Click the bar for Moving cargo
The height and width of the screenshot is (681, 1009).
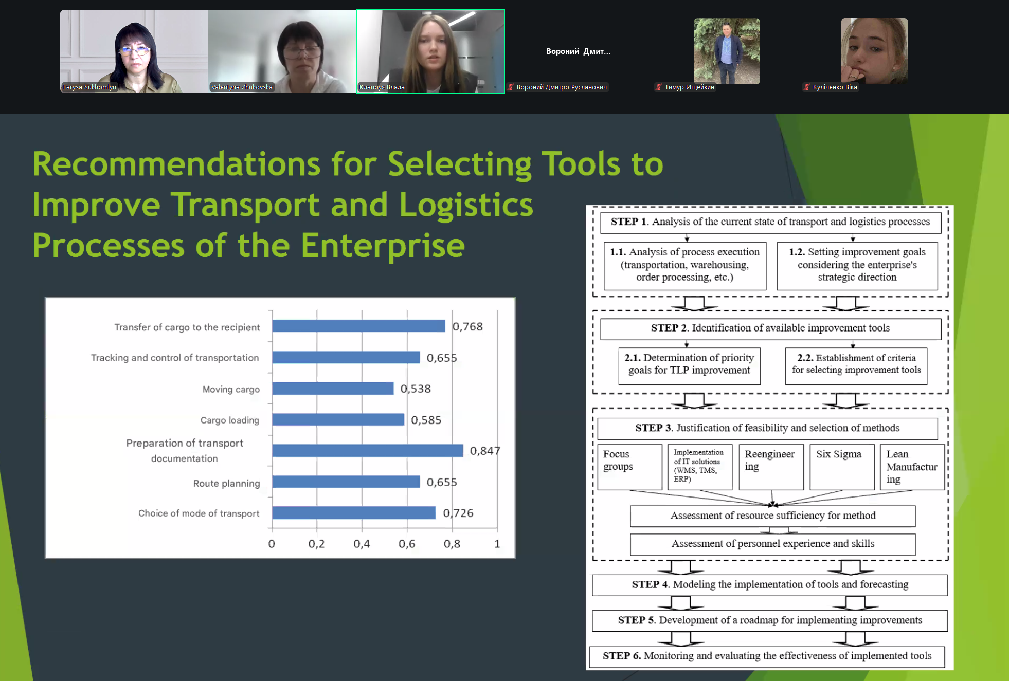point(333,389)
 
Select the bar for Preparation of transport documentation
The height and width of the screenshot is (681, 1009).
point(368,451)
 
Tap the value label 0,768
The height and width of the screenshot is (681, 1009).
point(467,326)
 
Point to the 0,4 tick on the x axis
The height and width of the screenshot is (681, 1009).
point(362,544)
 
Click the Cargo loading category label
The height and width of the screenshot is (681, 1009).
point(230,420)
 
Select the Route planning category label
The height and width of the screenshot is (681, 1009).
point(226,483)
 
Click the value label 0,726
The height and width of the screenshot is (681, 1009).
point(458,513)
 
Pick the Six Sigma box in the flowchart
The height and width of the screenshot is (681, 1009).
point(842,467)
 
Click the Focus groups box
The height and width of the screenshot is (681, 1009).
point(630,467)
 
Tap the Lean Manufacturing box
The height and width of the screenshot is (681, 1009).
point(912,467)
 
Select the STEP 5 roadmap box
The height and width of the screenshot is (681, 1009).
point(770,620)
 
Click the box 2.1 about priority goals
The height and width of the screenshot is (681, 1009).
point(689,366)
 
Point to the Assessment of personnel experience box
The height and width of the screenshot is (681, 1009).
point(772,544)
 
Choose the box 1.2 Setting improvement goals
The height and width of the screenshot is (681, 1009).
point(857,266)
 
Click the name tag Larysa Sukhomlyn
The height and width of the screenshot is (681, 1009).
point(89,87)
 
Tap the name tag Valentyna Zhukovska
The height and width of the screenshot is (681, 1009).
point(242,87)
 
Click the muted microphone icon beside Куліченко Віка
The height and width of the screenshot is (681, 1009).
point(807,87)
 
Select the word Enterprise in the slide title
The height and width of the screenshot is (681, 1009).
point(383,245)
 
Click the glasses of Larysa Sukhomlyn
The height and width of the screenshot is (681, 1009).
point(135,50)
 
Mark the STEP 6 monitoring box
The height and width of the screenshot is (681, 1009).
point(767,656)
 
